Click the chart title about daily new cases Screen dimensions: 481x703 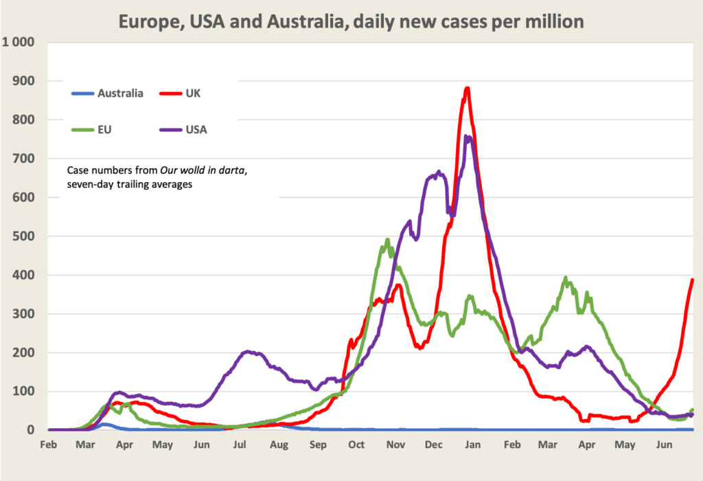(351, 21)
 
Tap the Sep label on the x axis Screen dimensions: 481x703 (318, 445)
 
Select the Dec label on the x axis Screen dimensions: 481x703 (433, 445)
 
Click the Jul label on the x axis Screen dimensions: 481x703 (240, 445)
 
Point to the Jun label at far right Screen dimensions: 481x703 (664, 445)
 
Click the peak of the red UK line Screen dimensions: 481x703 (467, 88)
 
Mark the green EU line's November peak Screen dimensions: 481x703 (388, 240)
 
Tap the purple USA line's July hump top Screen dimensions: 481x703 (249, 352)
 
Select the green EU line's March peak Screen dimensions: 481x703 (566, 278)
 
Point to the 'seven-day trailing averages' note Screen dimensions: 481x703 (129, 183)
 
